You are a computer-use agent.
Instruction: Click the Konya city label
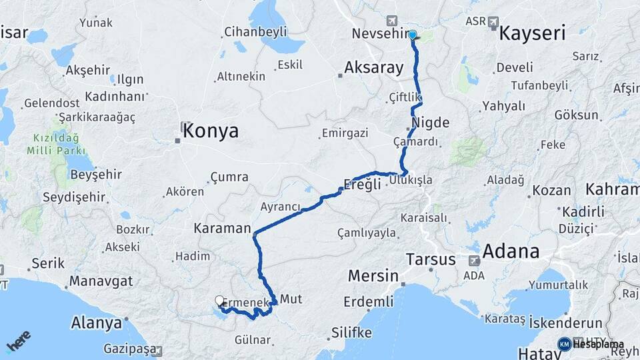click(210, 131)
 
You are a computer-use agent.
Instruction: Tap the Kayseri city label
click(532, 33)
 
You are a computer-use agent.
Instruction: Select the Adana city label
click(510, 252)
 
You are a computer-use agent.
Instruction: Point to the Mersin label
click(373, 276)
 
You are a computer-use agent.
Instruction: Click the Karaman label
click(221, 228)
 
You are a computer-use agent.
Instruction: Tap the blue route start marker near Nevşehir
click(413, 35)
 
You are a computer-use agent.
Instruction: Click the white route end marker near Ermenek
click(219, 301)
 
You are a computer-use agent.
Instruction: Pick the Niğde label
click(431, 123)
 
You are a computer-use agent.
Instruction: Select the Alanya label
click(97, 323)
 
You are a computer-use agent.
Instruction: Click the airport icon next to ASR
click(493, 22)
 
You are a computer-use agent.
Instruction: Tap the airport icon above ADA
click(474, 261)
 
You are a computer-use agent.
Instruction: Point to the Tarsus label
click(431, 259)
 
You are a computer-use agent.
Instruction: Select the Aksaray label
click(374, 67)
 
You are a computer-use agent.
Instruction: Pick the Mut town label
click(291, 299)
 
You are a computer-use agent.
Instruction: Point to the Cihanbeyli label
click(255, 31)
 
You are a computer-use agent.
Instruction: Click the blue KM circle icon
click(564, 344)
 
